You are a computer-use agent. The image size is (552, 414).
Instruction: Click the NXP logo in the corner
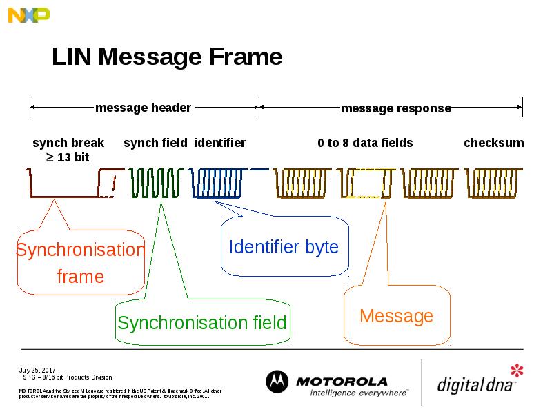[28, 14]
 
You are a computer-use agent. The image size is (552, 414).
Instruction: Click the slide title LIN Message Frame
[167, 57]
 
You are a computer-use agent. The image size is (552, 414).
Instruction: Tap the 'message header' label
[143, 108]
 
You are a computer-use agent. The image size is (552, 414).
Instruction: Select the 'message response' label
[395, 108]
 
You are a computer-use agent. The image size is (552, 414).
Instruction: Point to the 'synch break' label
[68, 143]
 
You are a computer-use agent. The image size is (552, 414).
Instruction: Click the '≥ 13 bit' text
[68, 157]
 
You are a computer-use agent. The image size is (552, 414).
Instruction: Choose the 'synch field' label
[155, 143]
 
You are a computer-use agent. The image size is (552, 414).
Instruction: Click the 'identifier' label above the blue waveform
[219, 143]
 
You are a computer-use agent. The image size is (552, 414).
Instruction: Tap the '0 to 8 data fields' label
[365, 143]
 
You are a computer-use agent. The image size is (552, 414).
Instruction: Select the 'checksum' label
[493, 143]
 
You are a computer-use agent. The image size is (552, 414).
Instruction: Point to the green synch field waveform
[155, 184]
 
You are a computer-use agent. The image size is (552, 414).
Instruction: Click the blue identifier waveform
[219, 184]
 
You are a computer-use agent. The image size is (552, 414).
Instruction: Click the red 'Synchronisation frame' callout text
[80, 263]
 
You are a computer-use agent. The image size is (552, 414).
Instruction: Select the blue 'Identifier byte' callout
[284, 247]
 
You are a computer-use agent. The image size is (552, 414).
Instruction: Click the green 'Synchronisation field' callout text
[201, 323]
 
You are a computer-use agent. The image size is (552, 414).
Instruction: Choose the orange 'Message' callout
[396, 316]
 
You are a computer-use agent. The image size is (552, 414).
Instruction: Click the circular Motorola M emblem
[277, 382]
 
